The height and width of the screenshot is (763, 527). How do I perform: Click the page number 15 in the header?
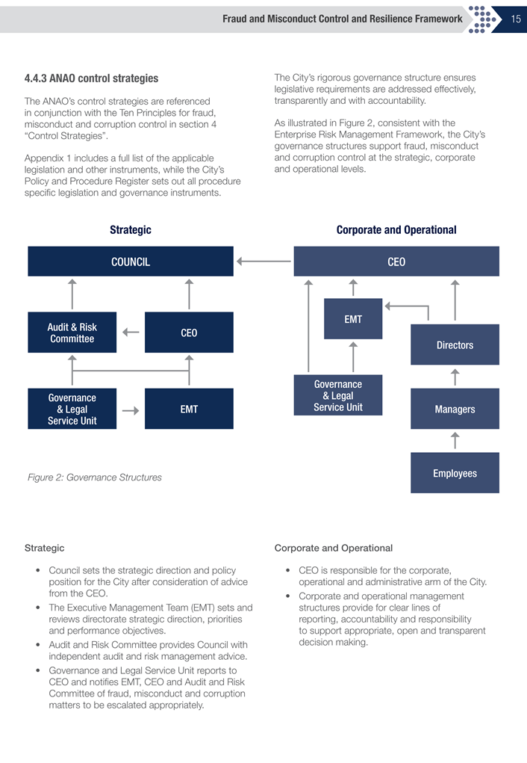[516, 19]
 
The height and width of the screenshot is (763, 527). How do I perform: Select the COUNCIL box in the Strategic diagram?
[131, 262]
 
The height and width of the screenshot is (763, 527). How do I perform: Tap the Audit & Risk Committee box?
[72, 333]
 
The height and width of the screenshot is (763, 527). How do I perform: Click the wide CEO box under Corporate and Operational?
[396, 262]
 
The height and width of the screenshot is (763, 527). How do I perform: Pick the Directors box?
[455, 345]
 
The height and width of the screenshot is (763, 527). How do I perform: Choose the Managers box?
[455, 409]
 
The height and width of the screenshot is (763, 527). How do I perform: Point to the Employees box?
[455, 473]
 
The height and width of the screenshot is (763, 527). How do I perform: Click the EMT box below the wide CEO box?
[353, 319]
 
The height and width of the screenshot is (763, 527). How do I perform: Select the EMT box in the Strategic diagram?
[189, 409]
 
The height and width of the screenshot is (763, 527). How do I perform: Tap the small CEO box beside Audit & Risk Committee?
[189, 333]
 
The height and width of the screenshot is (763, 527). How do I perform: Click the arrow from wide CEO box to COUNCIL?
[263, 262]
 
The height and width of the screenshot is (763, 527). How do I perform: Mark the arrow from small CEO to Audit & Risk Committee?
[131, 333]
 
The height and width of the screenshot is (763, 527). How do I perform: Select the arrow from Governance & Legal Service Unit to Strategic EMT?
[131, 410]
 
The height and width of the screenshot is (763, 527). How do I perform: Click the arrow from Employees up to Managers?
[455, 441]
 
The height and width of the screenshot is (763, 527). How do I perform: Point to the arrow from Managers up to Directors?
[455, 377]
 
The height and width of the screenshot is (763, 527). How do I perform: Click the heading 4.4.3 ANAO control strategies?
[91, 78]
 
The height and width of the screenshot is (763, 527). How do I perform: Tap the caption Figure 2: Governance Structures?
[94, 477]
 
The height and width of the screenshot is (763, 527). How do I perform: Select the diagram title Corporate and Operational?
[396, 230]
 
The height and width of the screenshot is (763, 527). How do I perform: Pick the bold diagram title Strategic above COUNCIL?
[131, 230]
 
